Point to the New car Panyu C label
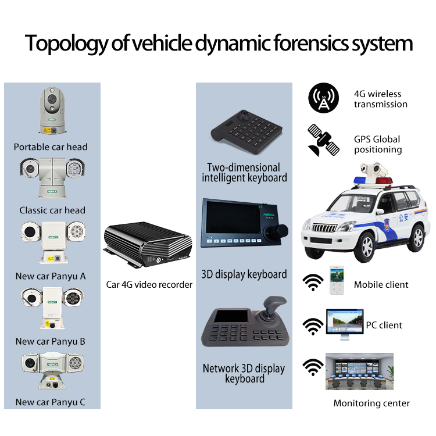click(51, 402)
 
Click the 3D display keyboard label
click(244, 274)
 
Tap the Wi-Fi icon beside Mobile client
click(314, 283)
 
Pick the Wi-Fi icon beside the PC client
click(314, 326)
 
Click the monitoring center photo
click(359, 371)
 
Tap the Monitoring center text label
click(371, 403)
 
